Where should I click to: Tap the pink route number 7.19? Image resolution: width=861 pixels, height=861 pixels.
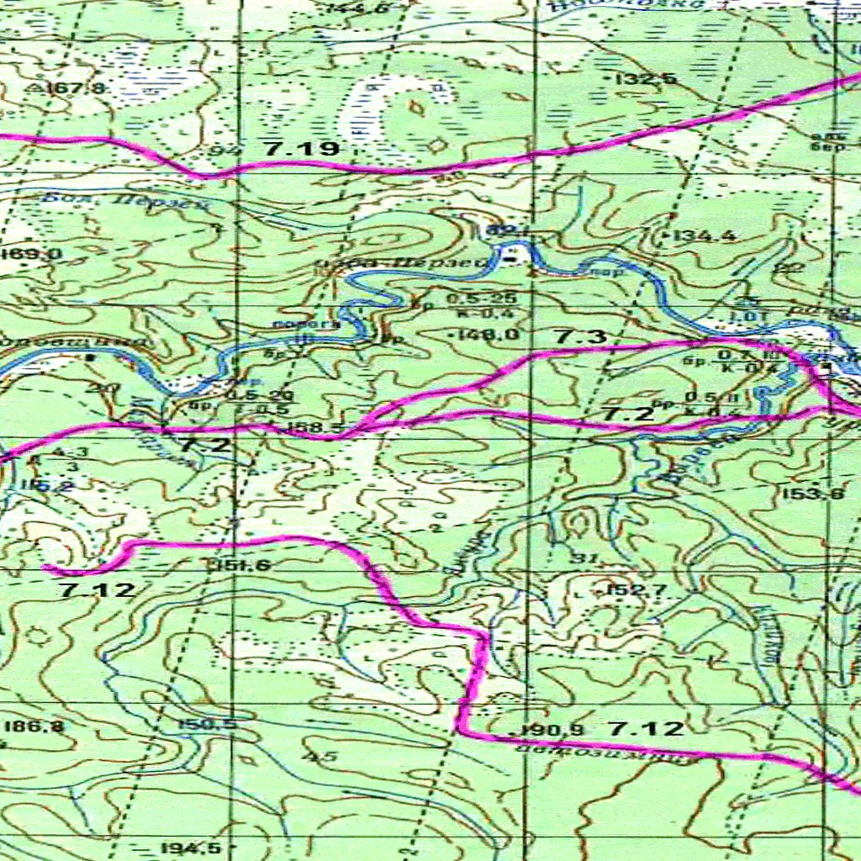(300, 150)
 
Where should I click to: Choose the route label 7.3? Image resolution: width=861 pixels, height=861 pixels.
(580, 336)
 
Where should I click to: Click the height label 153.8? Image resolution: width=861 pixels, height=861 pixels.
(813, 494)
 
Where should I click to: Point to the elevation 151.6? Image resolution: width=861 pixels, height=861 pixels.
(241, 565)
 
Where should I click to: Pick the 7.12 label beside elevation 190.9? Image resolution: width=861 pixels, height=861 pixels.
(646, 729)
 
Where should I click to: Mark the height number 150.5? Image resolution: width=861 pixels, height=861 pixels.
(206, 725)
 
